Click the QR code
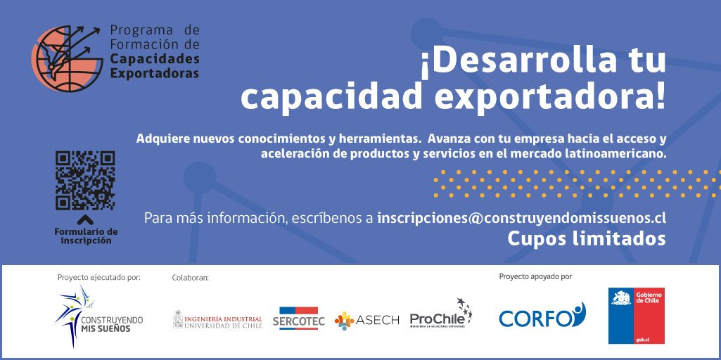(84, 181)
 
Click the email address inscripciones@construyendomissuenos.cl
(521, 217)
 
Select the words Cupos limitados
(587, 239)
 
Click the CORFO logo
(542, 316)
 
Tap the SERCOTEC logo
(298, 319)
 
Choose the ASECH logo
(367, 320)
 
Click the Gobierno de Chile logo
(636, 316)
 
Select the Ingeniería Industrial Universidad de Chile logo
(217, 321)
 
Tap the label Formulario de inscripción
(86, 236)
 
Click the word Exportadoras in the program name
(155, 73)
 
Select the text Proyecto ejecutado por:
(99, 277)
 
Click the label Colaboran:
(191, 278)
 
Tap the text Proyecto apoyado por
(535, 276)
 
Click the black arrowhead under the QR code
(86, 219)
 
